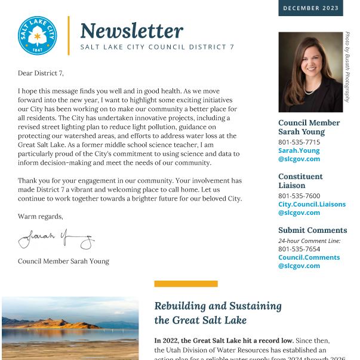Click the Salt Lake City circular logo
[38, 36]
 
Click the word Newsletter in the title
[131, 30]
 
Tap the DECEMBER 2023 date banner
[310, 8]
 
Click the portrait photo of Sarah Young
[310, 72]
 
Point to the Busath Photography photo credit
[347, 67]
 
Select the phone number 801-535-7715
[299, 142]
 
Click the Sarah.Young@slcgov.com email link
[299, 155]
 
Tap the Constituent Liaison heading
[300, 181]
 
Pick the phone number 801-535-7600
[299, 196]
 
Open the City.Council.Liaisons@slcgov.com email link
[312, 208]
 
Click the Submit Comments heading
[312, 230]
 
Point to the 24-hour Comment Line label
[309, 241]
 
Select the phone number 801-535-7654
[299, 249]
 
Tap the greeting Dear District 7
[41, 73]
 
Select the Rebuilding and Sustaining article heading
[218, 313]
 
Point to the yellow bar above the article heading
[186, 284]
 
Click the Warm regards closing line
[40, 216]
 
